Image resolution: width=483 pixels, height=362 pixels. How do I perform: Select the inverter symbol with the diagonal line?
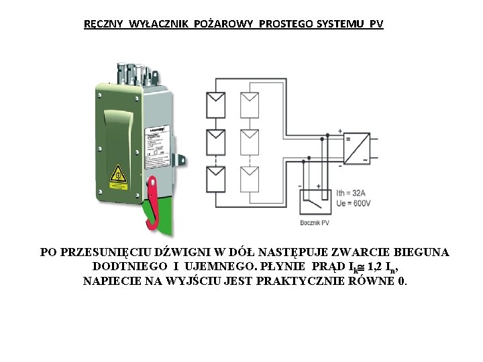(x=356, y=149)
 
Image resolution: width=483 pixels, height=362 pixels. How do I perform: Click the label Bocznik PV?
(x=315, y=222)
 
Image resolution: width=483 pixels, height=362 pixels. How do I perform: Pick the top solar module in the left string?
(x=216, y=105)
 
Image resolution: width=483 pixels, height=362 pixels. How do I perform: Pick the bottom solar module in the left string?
(x=216, y=178)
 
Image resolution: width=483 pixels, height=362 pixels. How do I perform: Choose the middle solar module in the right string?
(x=251, y=141)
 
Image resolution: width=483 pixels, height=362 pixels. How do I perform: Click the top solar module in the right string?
(x=251, y=105)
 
